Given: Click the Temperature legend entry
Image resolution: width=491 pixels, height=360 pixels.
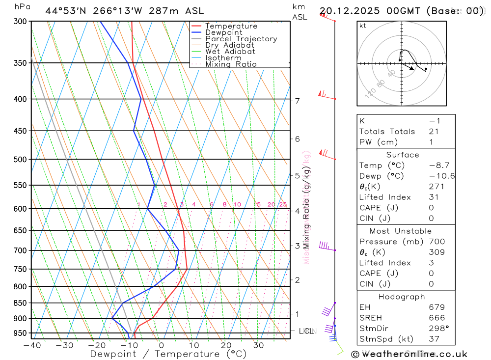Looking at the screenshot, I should click(231, 26).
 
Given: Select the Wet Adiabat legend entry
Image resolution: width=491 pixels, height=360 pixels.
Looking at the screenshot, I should click(230, 52).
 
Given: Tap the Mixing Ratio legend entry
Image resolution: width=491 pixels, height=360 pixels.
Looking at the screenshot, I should click(231, 64).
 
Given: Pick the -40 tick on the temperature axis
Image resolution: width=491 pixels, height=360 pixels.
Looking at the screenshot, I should click(32, 345).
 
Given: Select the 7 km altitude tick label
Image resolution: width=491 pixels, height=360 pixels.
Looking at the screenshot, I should click(298, 101).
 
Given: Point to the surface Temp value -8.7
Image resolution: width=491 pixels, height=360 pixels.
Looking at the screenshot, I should click(439, 166).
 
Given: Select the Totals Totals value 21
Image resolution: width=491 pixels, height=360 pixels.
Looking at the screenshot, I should click(433, 132).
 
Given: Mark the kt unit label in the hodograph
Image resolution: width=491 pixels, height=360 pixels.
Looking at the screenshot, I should click(362, 26).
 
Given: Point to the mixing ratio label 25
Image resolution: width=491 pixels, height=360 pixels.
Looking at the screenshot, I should click(283, 204).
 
